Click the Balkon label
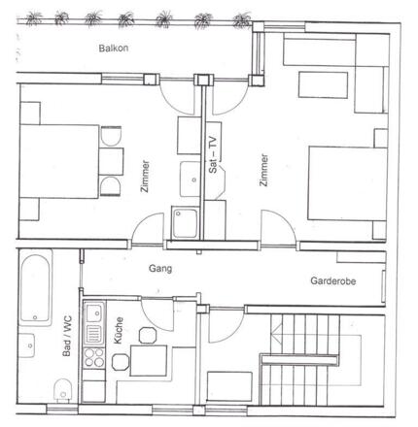click(114, 48)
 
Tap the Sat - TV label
click(213, 156)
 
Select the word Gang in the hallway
click(161, 268)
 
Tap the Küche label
click(119, 336)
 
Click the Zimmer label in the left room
click(146, 175)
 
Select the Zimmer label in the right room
click(262, 171)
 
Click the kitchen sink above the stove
click(94, 316)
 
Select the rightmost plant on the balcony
click(237, 18)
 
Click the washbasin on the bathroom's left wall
click(28, 345)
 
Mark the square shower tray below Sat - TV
click(184, 222)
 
